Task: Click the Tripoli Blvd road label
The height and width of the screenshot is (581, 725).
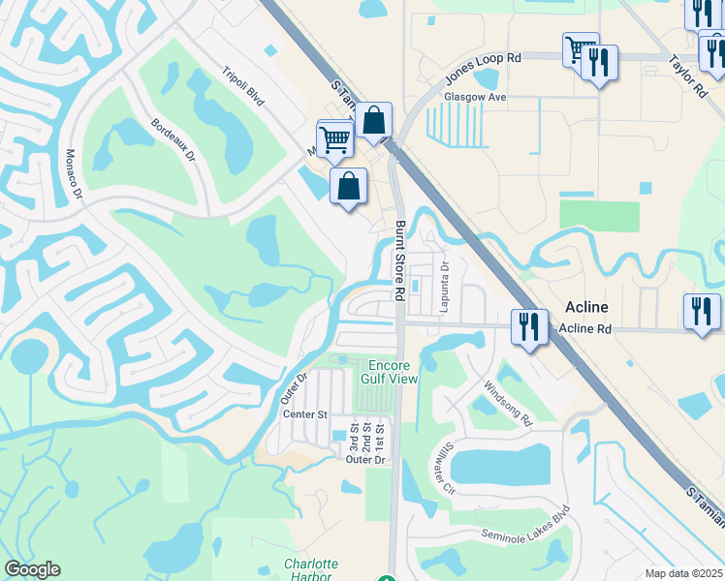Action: pyautogui.click(x=242, y=84)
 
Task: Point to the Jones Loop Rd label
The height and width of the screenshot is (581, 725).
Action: pyautogui.click(x=483, y=67)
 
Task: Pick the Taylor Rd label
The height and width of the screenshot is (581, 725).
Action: pyautogui.click(x=687, y=75)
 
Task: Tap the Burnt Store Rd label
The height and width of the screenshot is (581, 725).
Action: pyautogui.click(x=399, y=260)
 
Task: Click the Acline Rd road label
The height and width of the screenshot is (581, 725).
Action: pyautogui.click(x=585, y=329)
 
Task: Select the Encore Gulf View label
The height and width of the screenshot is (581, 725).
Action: pyautogui.click(x=392, y=372)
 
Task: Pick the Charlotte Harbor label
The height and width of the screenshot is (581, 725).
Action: pyautogui.click(x=311, y=569)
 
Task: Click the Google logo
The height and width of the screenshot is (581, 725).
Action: pyautogui.click(x=32, y=569)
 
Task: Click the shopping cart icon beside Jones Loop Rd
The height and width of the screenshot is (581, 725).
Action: pyautogui.click(x=580, y=47)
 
